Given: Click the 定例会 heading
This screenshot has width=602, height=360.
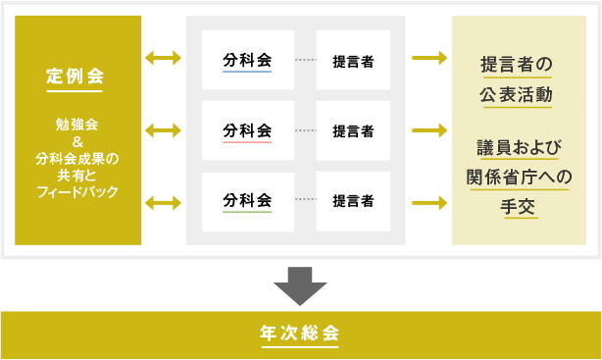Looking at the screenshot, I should (77, 76).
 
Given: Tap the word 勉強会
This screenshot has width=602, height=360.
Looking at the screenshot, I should (77, 125).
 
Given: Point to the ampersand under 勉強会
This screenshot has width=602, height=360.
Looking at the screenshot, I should (77, 141).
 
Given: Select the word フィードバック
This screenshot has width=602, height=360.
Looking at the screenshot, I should (77, 191).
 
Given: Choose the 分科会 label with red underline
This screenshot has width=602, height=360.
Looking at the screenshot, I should (247, 129).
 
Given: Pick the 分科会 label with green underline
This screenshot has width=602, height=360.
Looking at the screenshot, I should (247, 200).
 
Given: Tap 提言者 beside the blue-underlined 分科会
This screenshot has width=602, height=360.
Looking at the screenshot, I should (352, 60).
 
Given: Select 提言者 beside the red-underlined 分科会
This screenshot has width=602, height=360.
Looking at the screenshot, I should (352, 130).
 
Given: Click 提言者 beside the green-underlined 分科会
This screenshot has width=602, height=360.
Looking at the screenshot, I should (352, 201).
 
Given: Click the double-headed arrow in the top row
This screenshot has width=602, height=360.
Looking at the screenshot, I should (164, 59).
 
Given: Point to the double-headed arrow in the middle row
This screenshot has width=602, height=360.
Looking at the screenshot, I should (164, 129).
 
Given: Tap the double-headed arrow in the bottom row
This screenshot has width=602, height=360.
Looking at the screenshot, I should (164, 202).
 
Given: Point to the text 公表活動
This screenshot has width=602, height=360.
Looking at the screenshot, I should (516, 96).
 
